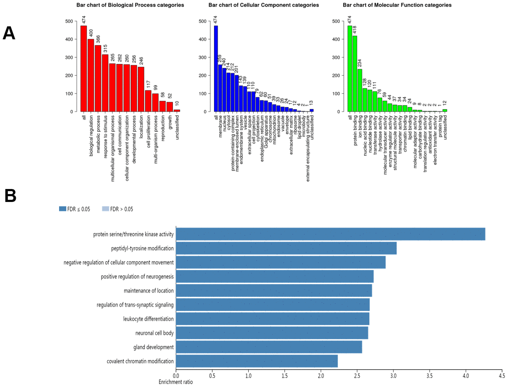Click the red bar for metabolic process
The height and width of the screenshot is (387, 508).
click(98, 78)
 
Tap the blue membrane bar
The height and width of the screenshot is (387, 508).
click(220, 88)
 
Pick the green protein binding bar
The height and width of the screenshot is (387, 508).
click(355, 74)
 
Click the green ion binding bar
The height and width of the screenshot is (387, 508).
click(360, 90)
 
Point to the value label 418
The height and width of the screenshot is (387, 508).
click(355, 30)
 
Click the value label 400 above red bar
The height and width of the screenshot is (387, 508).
click(91, 33)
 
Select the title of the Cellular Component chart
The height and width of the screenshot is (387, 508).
click(263, 5)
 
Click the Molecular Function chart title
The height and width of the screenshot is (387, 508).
click(397, 5)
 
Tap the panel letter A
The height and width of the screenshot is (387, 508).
click(9, 33)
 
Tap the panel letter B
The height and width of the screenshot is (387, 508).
click(10, 196)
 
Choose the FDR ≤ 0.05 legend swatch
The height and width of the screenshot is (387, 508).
click(63, 209)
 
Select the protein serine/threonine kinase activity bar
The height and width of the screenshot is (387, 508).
click(330, 234)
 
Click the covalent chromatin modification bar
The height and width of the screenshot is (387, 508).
click(257, 361)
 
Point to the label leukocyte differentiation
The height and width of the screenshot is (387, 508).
click(148, 319)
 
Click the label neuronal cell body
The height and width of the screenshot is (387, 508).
click(154, 333)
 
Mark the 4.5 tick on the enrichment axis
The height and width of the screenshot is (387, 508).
click(502, 375)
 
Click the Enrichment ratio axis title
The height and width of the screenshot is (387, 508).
click(176, 382)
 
